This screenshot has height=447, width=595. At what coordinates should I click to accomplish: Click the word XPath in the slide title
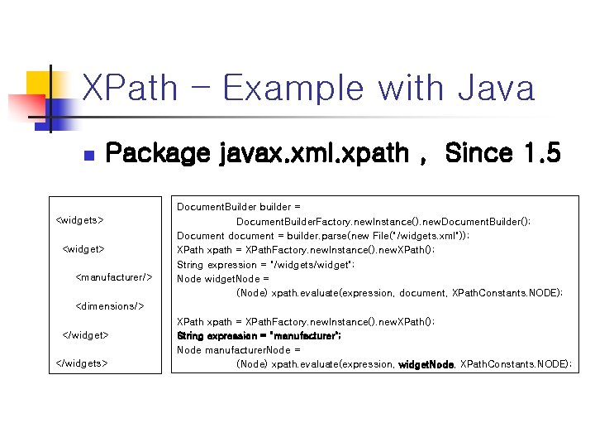point(131,88)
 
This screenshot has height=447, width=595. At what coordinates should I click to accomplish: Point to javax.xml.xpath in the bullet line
point(314,154)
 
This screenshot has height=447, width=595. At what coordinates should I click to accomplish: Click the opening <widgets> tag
point(79,220)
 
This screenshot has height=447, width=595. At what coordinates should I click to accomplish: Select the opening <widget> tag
point(83,248)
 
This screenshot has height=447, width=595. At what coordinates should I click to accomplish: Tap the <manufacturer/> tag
point(114,277)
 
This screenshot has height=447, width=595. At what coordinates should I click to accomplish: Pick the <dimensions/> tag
point(110,306)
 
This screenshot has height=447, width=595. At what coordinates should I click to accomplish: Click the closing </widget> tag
point(86,334)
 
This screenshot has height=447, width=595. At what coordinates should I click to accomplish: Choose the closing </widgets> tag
point(81,363)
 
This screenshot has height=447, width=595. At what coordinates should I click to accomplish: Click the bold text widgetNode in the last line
point(426,364)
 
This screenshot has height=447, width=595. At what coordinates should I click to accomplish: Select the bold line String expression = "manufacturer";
point(259,335)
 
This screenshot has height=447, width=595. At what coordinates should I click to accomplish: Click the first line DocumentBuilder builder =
point(239,206)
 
